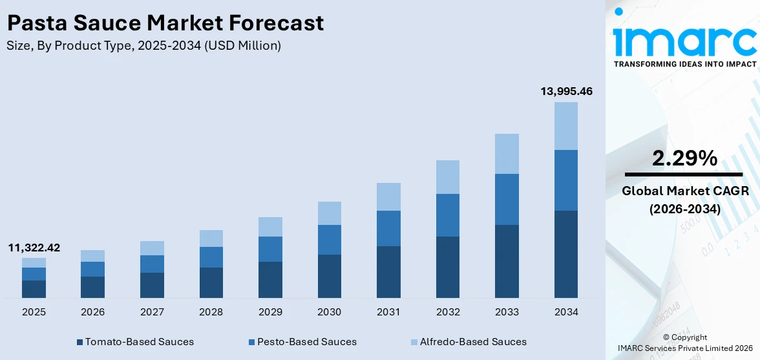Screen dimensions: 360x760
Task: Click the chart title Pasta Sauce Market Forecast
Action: (165, 23)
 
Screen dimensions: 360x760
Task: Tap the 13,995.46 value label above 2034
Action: (566, 92)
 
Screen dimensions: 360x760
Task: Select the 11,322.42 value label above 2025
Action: (34, 248)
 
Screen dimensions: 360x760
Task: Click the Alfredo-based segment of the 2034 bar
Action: (566, 126)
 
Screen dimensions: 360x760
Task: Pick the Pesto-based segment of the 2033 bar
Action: (507, 199)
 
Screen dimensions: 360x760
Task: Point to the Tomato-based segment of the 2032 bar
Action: (448, 267)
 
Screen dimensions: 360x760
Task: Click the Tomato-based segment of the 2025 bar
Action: (34, 289)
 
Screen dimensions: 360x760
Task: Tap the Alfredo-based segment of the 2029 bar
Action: (270, 227)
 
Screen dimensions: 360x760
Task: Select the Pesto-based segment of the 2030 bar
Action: (330, 240)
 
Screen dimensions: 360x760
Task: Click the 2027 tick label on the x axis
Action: (152, 312)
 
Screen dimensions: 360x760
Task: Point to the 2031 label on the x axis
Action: (388, 312)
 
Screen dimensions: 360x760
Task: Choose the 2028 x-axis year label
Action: (211, 312)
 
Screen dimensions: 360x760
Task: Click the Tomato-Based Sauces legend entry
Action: (135, 341)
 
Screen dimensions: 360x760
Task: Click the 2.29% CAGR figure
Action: (684, 158)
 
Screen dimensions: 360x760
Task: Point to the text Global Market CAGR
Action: (684, 191)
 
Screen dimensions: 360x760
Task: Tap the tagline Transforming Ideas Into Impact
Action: (684, 64)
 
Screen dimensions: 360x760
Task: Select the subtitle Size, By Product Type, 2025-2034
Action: (143, 45)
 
